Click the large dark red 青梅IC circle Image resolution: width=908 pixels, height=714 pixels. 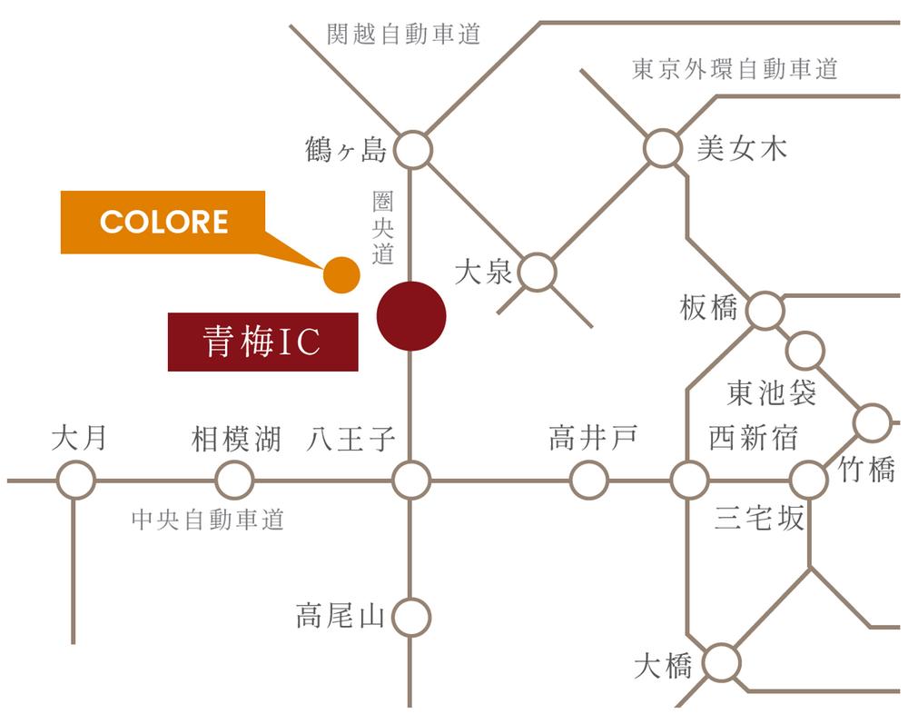[x=411, y=316]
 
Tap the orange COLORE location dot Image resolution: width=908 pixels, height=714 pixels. [x=341, y=275]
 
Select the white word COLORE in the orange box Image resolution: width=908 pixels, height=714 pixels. [x=163, y=223]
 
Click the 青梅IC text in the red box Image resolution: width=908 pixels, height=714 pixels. [x=262, y=342]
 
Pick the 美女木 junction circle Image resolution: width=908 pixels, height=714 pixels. [x=663, y=148]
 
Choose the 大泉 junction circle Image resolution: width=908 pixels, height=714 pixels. [x=538, y=273]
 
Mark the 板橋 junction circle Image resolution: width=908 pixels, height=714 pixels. [x=765, y=312]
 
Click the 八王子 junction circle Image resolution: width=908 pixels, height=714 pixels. [x=411, y=480]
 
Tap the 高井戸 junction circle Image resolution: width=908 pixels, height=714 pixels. [x=588, y=480]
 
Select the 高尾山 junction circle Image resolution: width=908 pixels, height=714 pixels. [x=411, y=618]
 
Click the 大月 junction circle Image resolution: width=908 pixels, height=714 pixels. [x=76, y=480]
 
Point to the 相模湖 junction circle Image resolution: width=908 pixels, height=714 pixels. [x=234, y=480]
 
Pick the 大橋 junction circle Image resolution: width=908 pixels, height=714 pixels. [x=722, y=663]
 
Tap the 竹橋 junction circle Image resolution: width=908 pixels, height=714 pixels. [x=873, y=422]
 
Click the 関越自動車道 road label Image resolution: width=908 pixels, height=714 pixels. [x=403, y=35]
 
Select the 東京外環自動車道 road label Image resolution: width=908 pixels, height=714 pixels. [x=735, y=69]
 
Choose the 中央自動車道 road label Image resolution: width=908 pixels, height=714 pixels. [x=208, y=520]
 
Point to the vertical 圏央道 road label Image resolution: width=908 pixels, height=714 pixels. [x=382, y=227]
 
